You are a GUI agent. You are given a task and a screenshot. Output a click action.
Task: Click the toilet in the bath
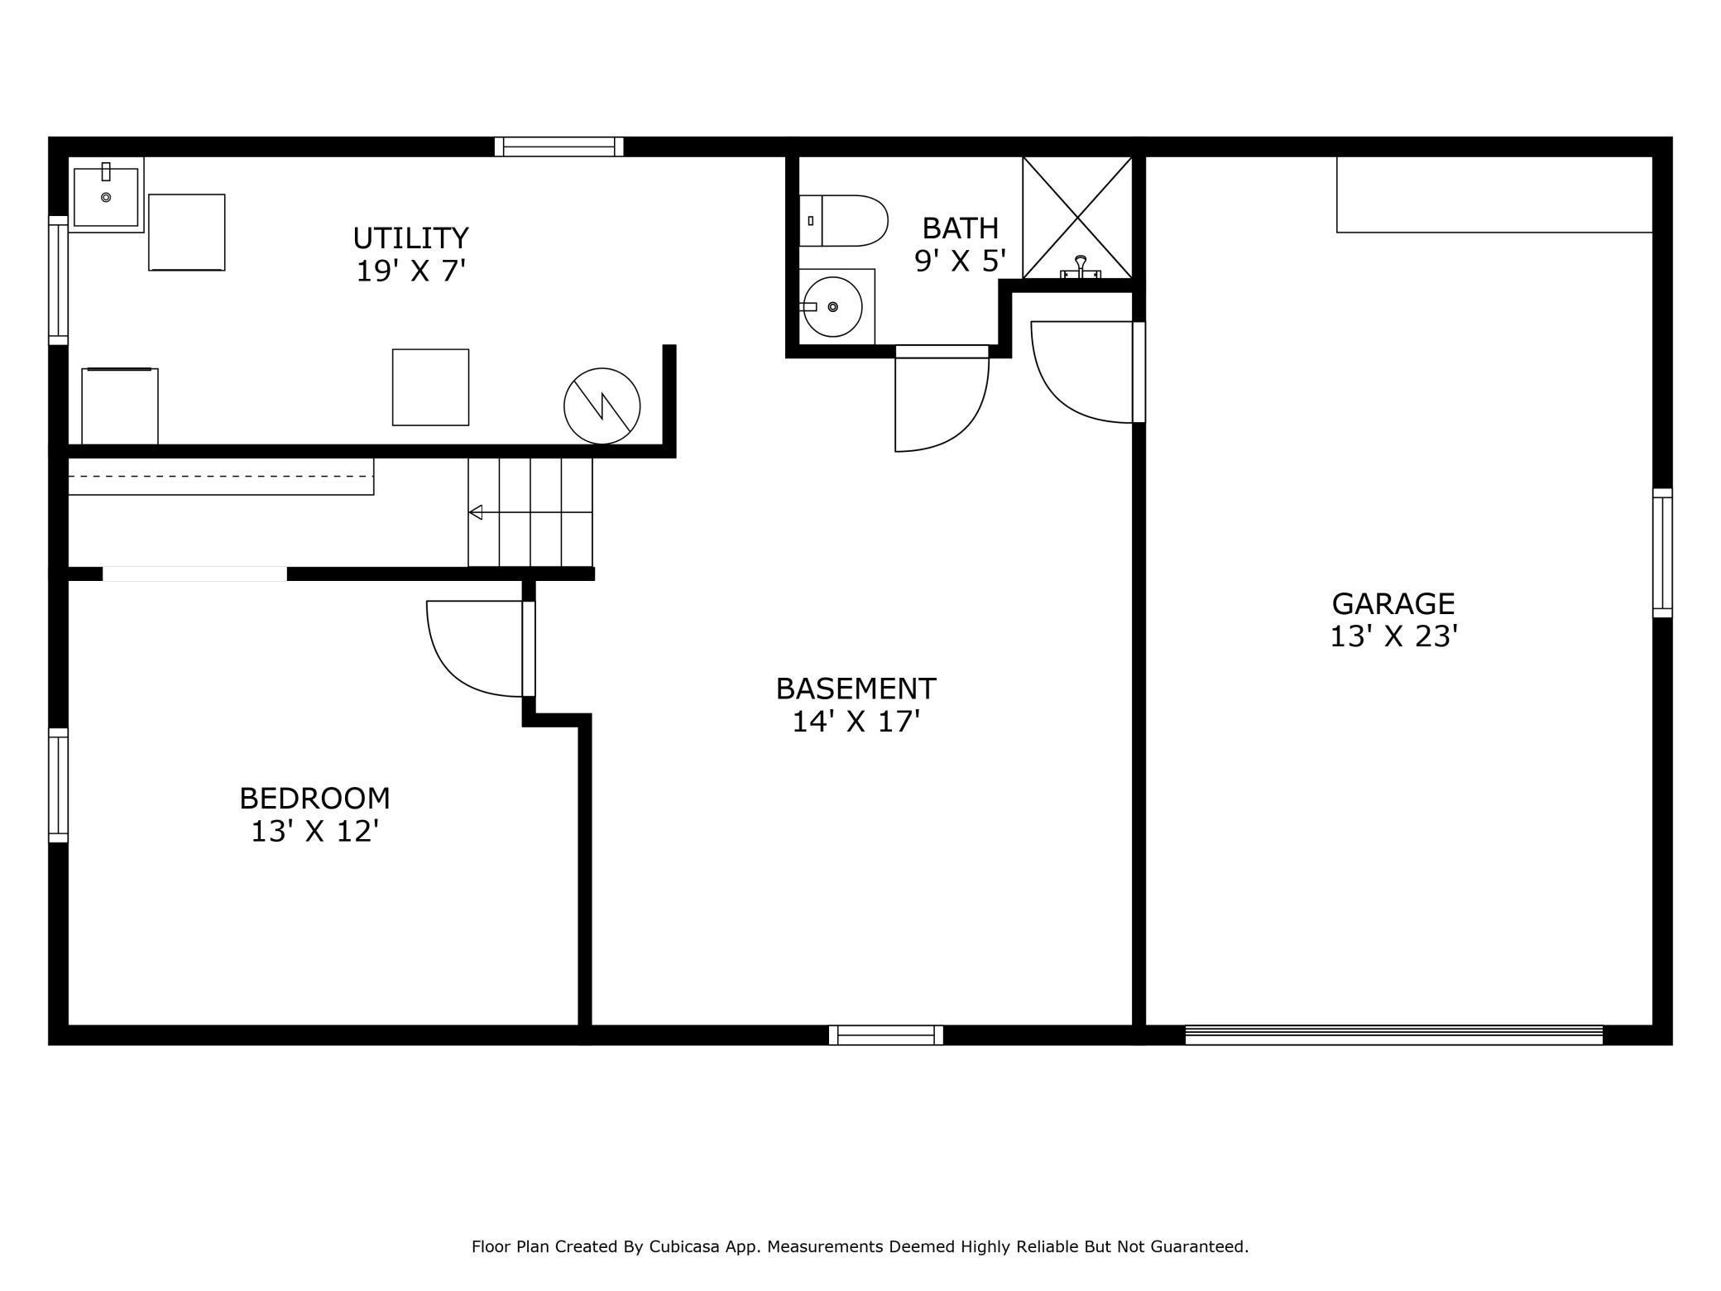[x=843, y=221]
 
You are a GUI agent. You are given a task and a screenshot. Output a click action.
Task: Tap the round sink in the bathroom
[x=833, y=307]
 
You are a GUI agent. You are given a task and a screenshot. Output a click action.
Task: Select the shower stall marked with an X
[x=1077, y=218]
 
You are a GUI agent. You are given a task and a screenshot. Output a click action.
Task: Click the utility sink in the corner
[x=106, y=195]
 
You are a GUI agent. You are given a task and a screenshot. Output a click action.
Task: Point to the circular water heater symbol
[x=602, y=406]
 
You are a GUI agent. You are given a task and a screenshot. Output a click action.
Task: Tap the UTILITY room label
[x=411, y=238]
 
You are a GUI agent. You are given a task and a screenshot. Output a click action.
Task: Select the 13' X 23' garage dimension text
[x=1393, y=636]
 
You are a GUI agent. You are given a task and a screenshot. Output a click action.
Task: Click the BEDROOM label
[x=314, y=799]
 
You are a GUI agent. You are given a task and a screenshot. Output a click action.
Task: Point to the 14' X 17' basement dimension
[x=856, y=722]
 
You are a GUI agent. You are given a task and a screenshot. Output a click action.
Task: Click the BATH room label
[x=961, y=228]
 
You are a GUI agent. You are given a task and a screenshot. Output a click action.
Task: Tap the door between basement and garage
[x=1139, y=372]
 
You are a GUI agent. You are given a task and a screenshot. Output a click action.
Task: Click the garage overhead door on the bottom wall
[x=1394, y=1034]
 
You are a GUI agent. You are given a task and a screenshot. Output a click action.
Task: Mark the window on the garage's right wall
[x=1662, y=553]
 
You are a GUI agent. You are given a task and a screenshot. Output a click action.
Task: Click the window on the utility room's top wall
[x=559, y=146]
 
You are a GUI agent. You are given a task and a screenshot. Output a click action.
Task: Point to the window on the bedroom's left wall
[x=58, y=785]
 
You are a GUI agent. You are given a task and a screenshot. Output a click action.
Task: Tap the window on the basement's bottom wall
[x=886, y=1034]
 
